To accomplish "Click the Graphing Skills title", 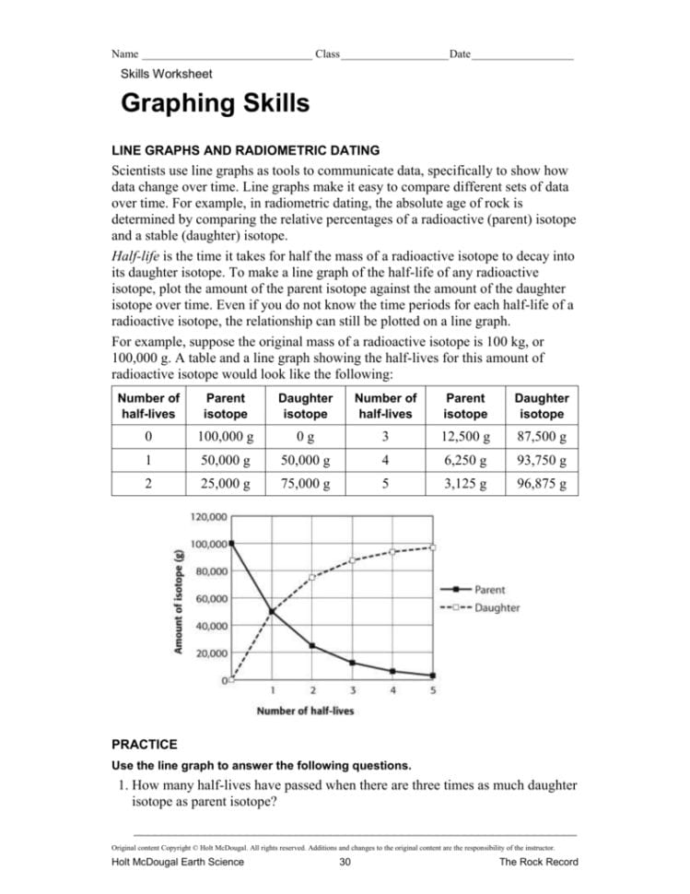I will [x=216, y=103].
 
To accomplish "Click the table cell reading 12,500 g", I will [x=465, y=436].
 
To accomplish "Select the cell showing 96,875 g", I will [x=542, y=483].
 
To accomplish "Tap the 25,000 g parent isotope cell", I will [x=226, y=483].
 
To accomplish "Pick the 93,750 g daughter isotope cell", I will [x=542, y=460].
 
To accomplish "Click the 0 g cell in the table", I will [x=306, y=436].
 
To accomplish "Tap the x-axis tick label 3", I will [x=353, y=689].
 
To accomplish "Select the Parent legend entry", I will [x=489, y=589].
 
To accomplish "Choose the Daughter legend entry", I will [x=497, y=607].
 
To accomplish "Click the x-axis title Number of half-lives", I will [x=305, y=711].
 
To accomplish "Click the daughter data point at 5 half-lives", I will [x=433, y=547].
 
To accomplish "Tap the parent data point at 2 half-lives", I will [x=312, y=646].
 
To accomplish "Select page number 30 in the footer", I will [x=345, y=862].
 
